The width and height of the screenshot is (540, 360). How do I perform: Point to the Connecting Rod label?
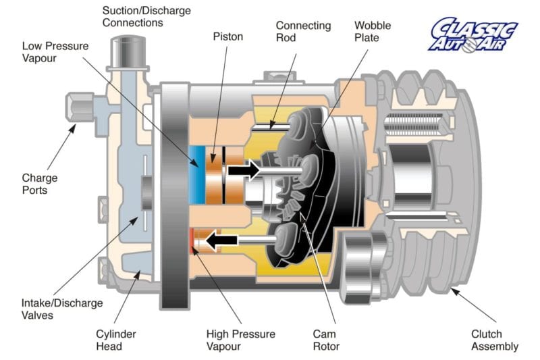click(303, 32)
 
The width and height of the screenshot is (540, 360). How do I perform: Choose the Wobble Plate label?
click(371, 32)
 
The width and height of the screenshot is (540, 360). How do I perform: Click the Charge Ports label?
click(38, 184)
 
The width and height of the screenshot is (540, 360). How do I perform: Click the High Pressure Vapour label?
click(241, 340)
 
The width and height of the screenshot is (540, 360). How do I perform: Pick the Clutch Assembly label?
click(494, 340)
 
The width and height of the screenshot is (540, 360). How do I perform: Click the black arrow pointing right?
click(243, 170)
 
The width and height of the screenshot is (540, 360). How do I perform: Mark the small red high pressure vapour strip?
click(192, 239)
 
